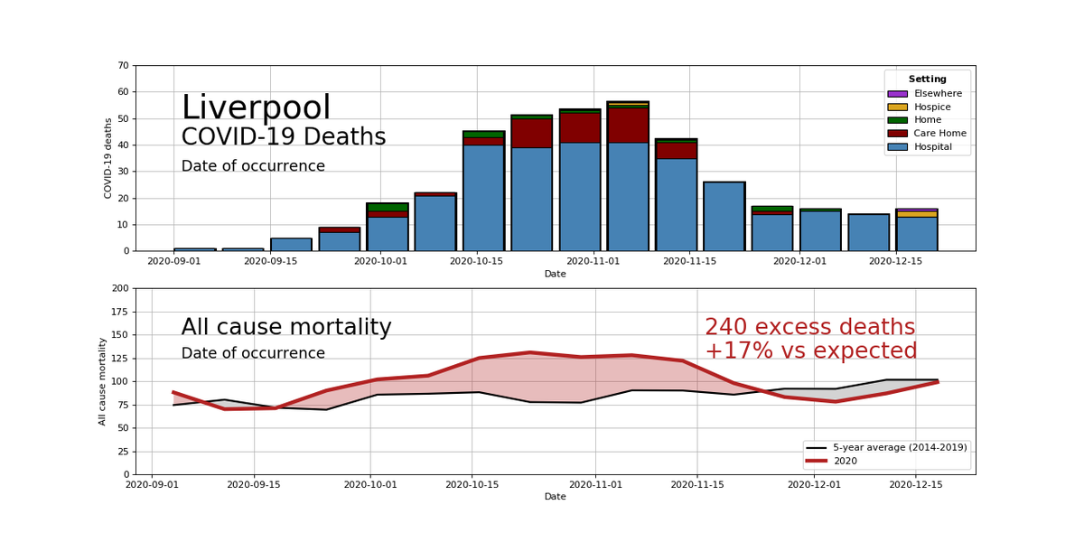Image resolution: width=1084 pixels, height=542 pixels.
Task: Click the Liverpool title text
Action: click(256, 108)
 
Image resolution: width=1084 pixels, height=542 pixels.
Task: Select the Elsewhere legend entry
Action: click(938, 94)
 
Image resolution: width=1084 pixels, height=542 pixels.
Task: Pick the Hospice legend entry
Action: click(933, 107)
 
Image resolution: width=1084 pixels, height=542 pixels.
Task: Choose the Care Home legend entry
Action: click(939, 134)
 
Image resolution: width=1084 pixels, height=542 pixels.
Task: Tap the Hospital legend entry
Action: click(932, 147)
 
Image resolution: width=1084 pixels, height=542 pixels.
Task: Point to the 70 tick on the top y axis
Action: click(123, 66)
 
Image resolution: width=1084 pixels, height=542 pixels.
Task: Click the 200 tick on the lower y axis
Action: click(120, 289)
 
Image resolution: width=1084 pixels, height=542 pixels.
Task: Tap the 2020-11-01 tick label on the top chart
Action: click(593, 262)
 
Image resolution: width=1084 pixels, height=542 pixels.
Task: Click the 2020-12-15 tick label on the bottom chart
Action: click(916, 485)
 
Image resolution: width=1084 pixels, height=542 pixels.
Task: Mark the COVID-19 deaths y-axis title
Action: click(108, 158)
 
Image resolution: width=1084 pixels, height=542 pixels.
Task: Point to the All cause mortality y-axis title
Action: click(103, 381)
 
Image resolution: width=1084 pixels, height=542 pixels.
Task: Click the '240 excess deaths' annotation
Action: click(809, 328)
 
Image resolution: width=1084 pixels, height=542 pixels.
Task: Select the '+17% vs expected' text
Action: click(810, 351)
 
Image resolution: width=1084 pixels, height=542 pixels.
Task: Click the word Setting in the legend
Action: click(927, 79)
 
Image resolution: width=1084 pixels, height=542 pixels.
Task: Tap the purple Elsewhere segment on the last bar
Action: click(917, 210)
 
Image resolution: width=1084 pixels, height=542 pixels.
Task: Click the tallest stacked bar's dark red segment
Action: click(628, 126)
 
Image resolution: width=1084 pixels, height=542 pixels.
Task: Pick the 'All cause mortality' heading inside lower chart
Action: click(285, 328)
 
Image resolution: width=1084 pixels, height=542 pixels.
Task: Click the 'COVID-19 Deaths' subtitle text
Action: click(284, 137)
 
